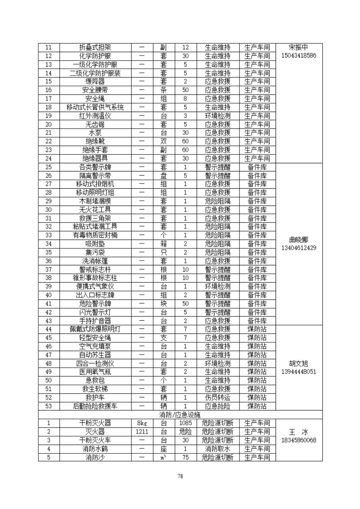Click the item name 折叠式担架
(x=95, y=47)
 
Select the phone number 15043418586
(x=299, y=56)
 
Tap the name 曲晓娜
(x=299, y=240)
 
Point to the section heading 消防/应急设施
(x=180, y=415)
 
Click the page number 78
(x=180, y=476)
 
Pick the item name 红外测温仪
(x=95, y=116)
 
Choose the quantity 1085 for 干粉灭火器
(x=185, y=423)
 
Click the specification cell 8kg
(x=142, y=423)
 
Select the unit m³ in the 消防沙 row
(x=164, y=457)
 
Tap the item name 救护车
(x=95, y=397)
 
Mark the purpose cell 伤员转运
(x=218, y=397)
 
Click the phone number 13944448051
(x=299, y=372)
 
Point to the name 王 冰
(x=299, y=432)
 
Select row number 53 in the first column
(x=48, y=406)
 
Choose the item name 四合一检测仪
(x=95, y=363)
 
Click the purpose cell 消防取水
(x=218, y=449)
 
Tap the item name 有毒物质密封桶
(x=95, y=235)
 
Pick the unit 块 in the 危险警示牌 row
(x=164, y=304)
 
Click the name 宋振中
(x=299, y=47)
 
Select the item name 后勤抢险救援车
(x=95, y=406)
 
